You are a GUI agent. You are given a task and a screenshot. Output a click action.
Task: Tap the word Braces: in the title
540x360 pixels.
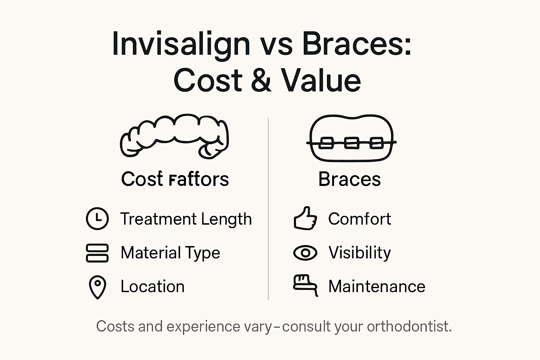pyautogui.click(x=356, y=44)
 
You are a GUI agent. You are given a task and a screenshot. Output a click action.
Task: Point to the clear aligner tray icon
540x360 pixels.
pyautogui.click(x=174, y=136)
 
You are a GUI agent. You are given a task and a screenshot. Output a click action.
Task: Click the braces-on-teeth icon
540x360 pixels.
pyautogui.click(x=351, y=139)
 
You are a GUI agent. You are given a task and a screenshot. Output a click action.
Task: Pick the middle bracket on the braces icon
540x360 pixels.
pyautogui.click(x=351, y=143)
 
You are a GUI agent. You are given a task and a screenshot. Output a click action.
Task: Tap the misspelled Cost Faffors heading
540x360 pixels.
pyautogui.click(x=175, y=179)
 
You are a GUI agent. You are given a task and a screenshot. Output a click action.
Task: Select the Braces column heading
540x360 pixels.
pyautogui.click(x=349, y=179)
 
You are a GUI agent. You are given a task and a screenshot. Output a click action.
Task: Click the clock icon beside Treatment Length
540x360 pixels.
pyautogui.click(x=97, y=219)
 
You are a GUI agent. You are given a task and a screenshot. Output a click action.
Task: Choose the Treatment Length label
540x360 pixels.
pyautogui.click(x=186, y=219)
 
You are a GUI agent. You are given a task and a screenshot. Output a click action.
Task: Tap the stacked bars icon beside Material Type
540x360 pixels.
pyautogui.click(x=97, y=253)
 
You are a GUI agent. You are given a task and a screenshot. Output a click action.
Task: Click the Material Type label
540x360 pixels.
pyautogui.click(x=170, y=253)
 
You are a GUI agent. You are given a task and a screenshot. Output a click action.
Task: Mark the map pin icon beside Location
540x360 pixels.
pyautogui.click(x=97, y=287)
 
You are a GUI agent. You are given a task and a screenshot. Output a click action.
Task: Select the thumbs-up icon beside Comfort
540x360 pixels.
pyautogui.click(x=305, y=218)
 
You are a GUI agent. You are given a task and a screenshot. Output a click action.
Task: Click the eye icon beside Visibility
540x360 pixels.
pyautogui.click(x=305, y=253)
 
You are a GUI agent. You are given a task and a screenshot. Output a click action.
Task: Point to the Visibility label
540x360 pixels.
pyautogui.click(x=359, y=253)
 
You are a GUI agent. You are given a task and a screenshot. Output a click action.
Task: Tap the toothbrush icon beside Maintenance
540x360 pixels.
pyautogui.click(x=305, y=284)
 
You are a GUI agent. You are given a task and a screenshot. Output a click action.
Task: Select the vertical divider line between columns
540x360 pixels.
pyautogui.click(x=268, y=211)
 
